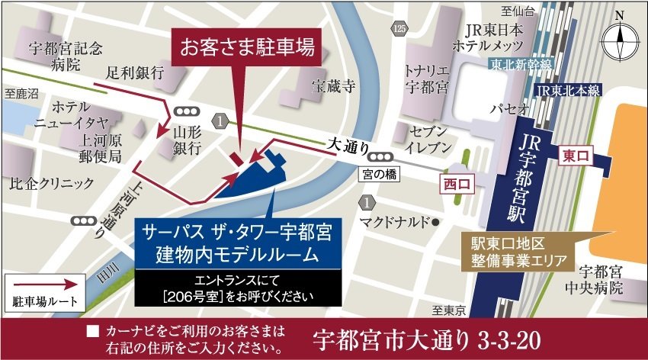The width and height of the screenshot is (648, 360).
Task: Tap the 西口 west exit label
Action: tap(457, 183)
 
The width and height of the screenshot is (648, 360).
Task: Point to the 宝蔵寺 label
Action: tap(332, 86)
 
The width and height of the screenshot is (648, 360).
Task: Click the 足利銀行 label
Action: tap(136, 73)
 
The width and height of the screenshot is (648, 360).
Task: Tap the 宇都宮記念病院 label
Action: tap(64, 56)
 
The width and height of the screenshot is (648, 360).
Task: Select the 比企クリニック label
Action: tap(51, 183)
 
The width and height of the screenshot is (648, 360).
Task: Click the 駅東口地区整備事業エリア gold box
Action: tap(518, 252)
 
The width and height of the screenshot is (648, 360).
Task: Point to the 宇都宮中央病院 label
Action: tap(601, 279)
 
